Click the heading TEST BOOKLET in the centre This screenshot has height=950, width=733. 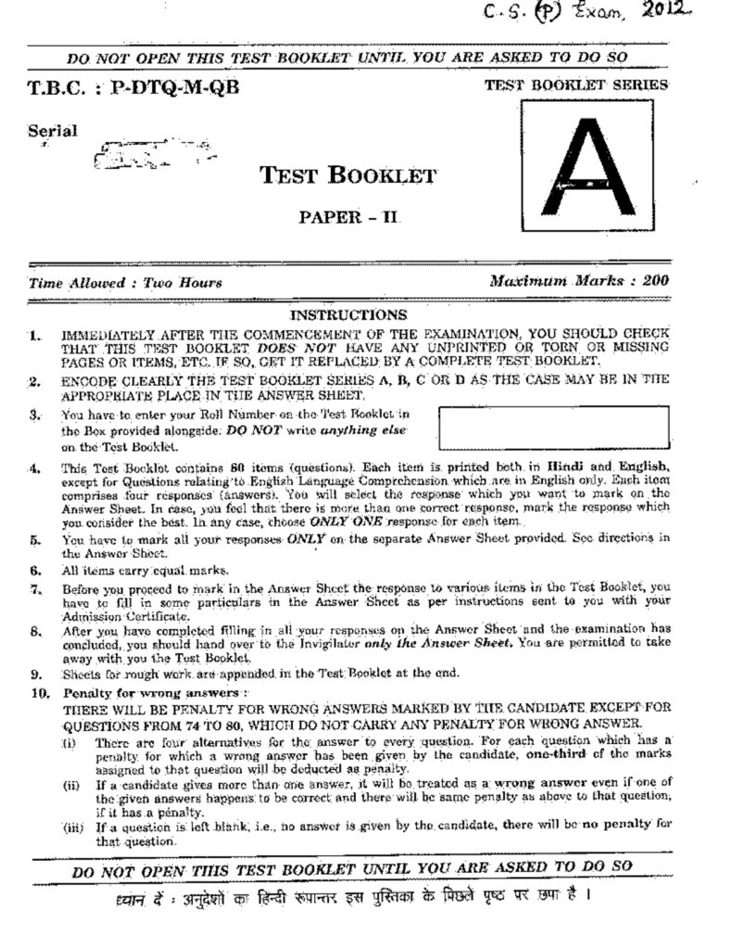tap(348, 175)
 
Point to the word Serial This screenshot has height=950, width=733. tap(53, 131)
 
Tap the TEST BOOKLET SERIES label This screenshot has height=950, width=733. tap(576, 85)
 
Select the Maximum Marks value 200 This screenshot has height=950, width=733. tap(654, 279)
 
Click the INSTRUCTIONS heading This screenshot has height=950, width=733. tap(348, 315)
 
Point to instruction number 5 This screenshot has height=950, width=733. tap(34, 538)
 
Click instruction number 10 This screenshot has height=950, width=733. tap(37, 693)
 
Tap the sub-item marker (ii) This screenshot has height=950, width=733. tap(71, 786)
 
